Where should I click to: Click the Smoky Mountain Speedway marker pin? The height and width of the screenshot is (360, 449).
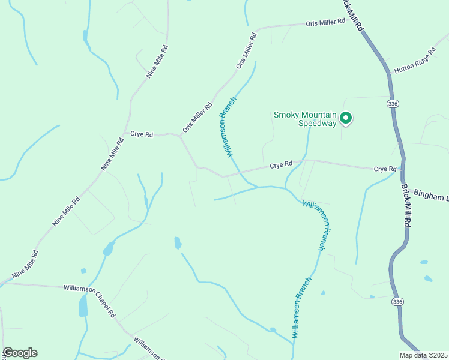[x=345, y=118]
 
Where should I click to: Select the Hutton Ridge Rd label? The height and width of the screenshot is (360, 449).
[x=413, y=62]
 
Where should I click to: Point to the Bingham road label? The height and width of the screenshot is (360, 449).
[x=431, y=197]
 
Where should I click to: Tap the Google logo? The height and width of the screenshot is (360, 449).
[x=20, y=353]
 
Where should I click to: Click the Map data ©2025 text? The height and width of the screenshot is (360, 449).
[x=423, y=355]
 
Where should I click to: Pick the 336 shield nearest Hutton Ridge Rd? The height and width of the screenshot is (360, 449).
[x=393, y=104]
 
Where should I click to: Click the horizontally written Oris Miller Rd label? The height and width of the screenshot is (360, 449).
[x=326, y=22]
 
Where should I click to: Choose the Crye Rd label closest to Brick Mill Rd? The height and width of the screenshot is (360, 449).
[x=385, y=169]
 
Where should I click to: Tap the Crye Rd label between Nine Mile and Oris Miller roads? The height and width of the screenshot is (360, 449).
[x=142, y=134]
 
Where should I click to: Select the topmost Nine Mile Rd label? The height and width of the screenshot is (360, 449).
[x=157, y=61]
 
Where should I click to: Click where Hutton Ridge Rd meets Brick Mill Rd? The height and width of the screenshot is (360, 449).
[x=387, y=73]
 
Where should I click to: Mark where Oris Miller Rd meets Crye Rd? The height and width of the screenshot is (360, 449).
[x=179, y=136]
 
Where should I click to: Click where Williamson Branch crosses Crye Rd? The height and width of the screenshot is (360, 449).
[x=239, y=173]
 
